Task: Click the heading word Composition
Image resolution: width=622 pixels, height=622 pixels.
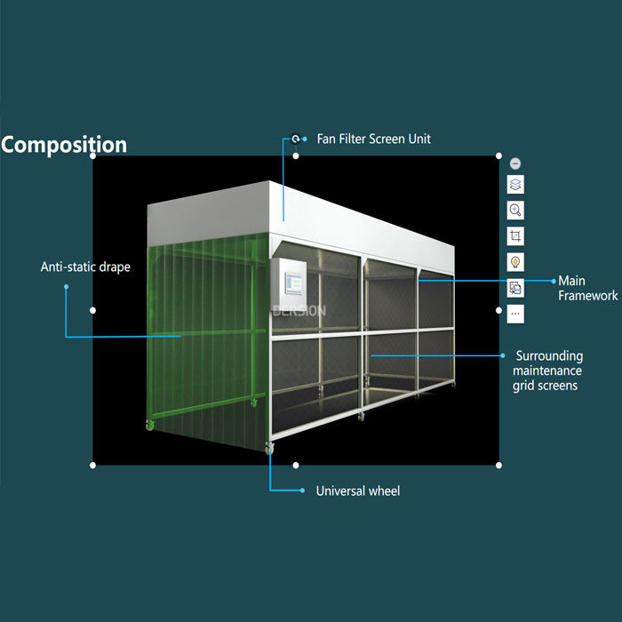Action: click(x=64, y=145)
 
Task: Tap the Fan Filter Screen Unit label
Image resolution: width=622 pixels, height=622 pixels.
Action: click(x=373, y=140)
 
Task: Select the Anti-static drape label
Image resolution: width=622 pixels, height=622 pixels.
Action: click(x=85, y=267)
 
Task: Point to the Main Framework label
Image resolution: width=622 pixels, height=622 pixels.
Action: click(x=587, y=288)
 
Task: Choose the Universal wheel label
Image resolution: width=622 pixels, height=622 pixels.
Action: click(x=357, y=490)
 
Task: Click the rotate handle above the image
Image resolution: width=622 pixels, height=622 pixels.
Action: click(x=296, y=140)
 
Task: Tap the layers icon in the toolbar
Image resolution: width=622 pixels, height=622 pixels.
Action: click(x=515, y=185)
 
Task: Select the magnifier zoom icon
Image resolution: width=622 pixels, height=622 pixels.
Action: click(x=515, y=211)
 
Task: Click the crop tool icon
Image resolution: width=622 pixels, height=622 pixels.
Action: click(x=515, y=236)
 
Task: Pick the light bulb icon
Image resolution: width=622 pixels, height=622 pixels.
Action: click(x=515, y=262)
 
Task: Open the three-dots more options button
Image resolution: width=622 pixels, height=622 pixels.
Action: click(x=515, y=314)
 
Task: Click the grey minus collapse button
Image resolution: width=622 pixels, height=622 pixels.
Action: click(x=515, y=163)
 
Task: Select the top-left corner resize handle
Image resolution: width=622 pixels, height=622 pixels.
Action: click(x=93, y=155)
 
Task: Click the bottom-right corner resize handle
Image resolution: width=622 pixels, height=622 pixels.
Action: click(x=498, y=465)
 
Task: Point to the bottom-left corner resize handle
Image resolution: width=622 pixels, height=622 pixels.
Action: click(x=93, y=465)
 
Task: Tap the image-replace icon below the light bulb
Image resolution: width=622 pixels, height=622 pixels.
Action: click(x=515, y=288)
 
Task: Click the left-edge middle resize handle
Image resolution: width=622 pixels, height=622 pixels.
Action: click(x=93, y=310)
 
